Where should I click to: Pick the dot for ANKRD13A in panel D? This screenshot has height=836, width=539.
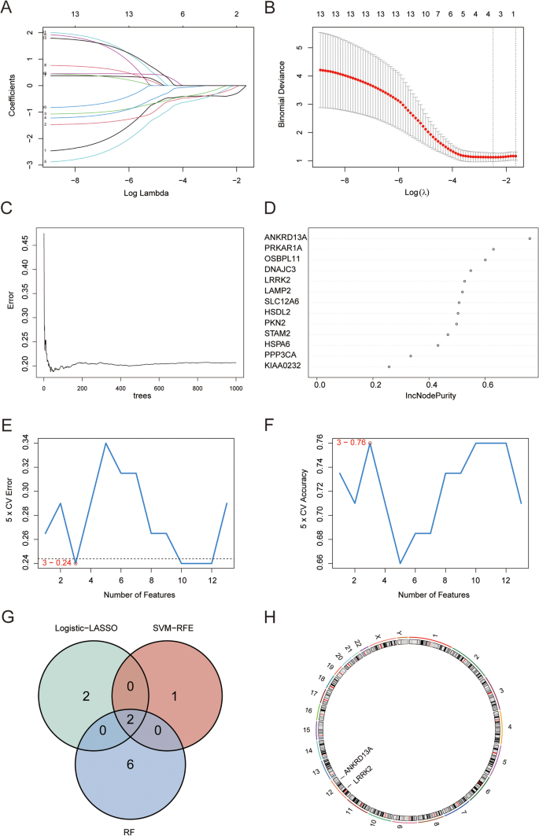click(x=530, y=238)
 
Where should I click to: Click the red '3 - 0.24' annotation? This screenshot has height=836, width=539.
click(x=57, y=562)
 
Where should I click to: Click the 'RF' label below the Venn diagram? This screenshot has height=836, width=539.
click(x=130, y=828)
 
